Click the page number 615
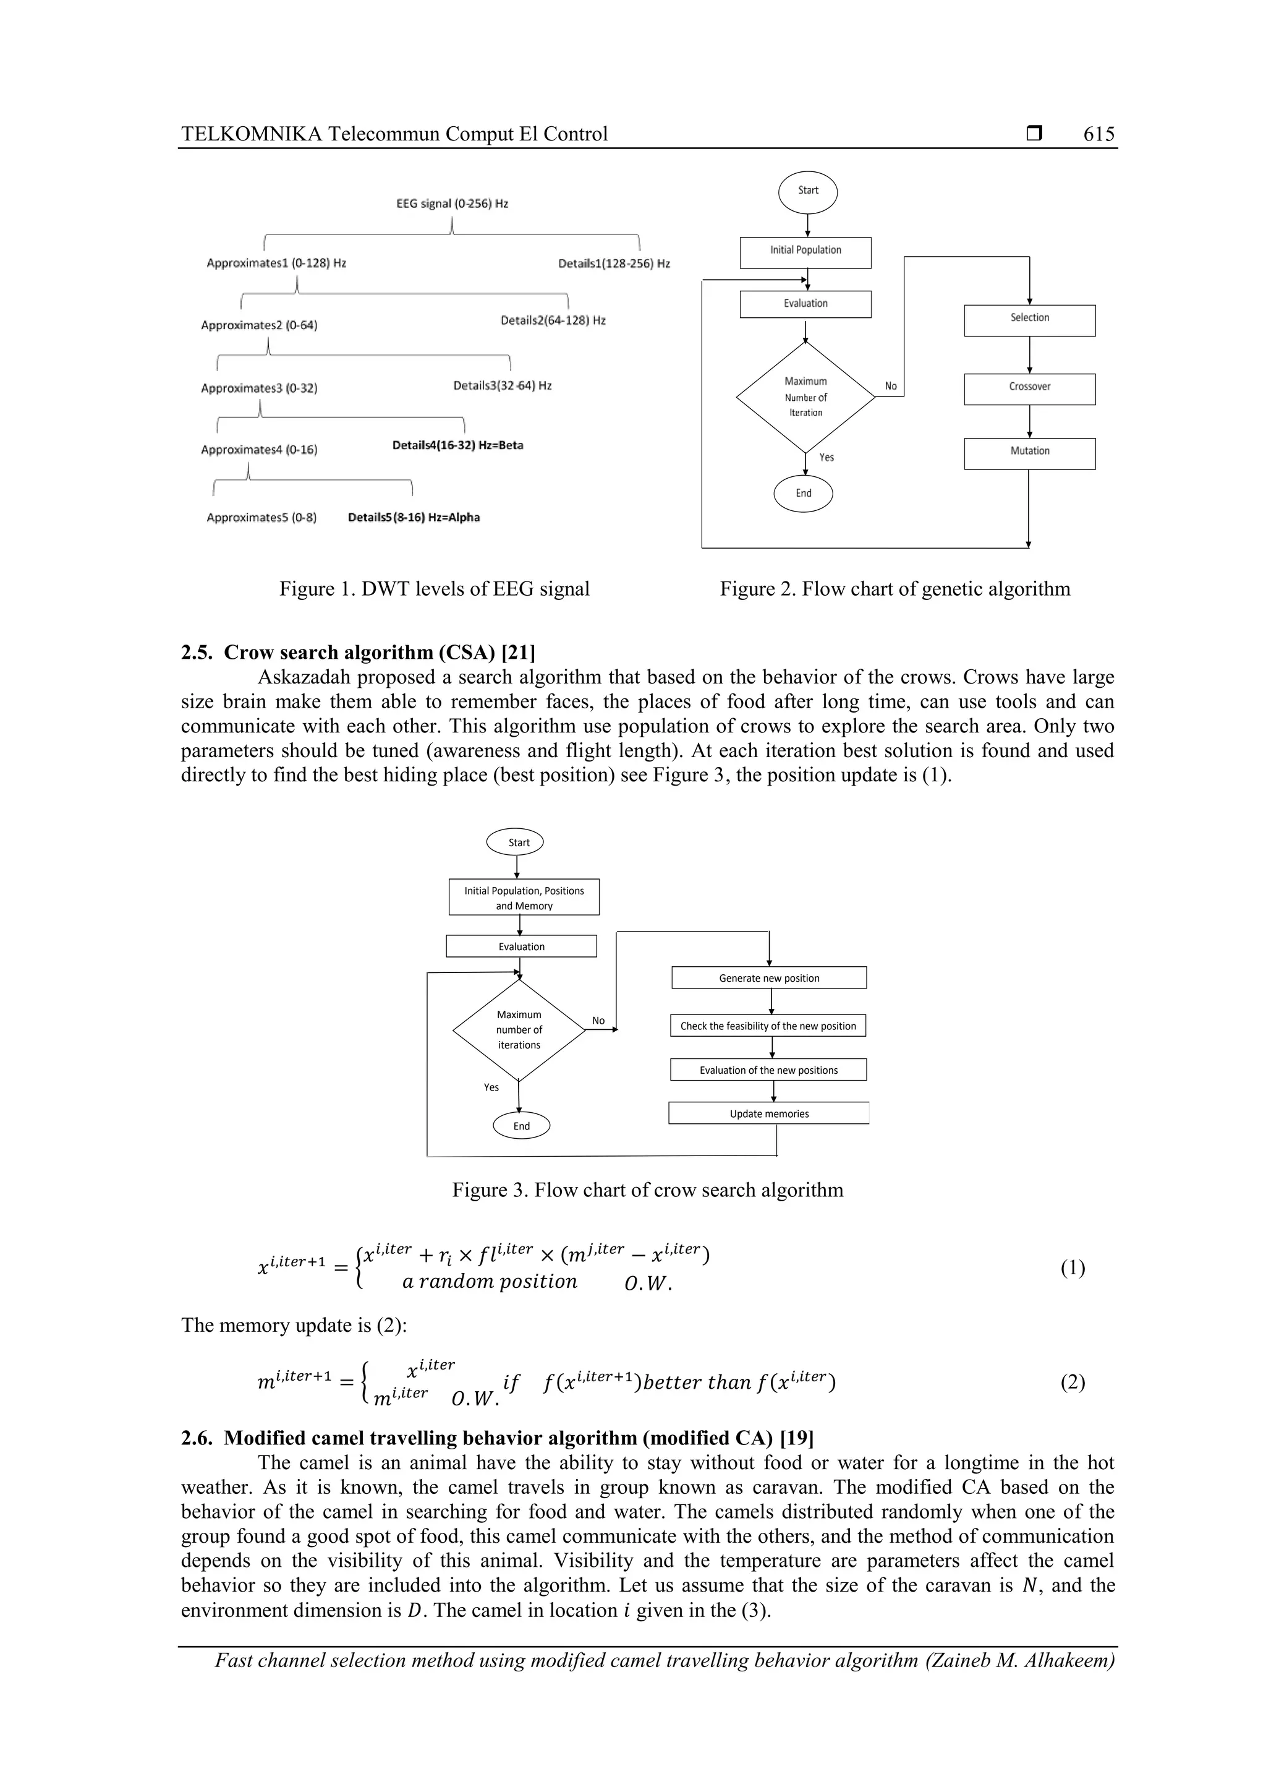point(1098,134)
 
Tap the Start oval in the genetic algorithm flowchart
point(807,191)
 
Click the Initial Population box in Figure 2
point(805,251)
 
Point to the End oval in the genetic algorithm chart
point(804,493)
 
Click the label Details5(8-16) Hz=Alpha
point(414,518)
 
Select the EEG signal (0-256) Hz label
point(452,204)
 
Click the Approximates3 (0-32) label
point(259,388)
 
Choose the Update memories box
point(768,1114)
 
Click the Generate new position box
point(768,978)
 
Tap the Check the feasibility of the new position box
point(768,1026)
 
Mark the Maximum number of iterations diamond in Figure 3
point(519,1031)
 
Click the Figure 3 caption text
point(647,1190)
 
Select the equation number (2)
point(1072,1383)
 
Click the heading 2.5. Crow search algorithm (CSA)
point(358,653)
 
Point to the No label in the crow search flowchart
point(598,1021)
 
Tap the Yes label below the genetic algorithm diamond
point(826,457)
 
